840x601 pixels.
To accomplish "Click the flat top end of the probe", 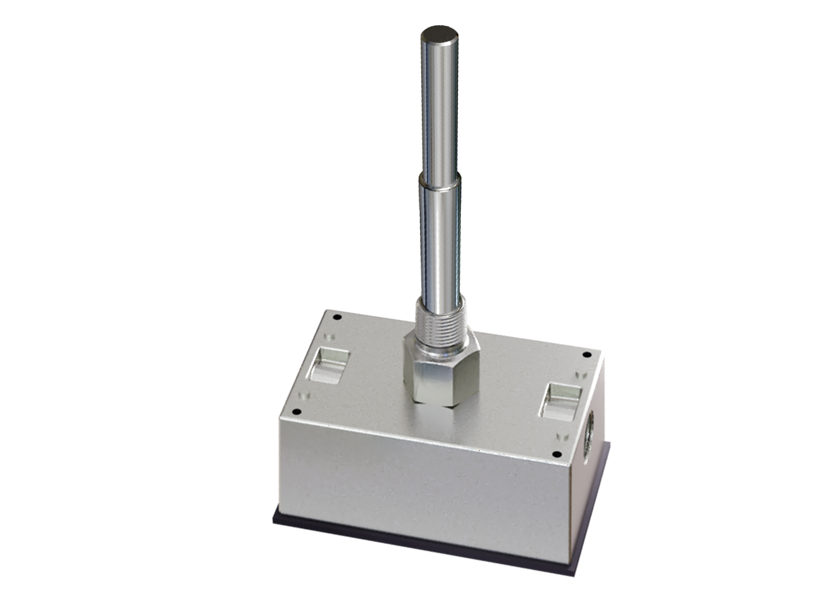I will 439,34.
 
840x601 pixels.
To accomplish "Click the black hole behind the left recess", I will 336,317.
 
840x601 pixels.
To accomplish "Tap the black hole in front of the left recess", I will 296,411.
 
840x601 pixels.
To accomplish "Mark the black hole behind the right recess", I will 587,355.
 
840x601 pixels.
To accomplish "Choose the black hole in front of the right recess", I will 555,454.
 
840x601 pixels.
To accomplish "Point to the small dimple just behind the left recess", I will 328,337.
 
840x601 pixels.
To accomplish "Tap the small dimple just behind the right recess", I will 579,373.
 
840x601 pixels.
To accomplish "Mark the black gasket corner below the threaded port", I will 610,446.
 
